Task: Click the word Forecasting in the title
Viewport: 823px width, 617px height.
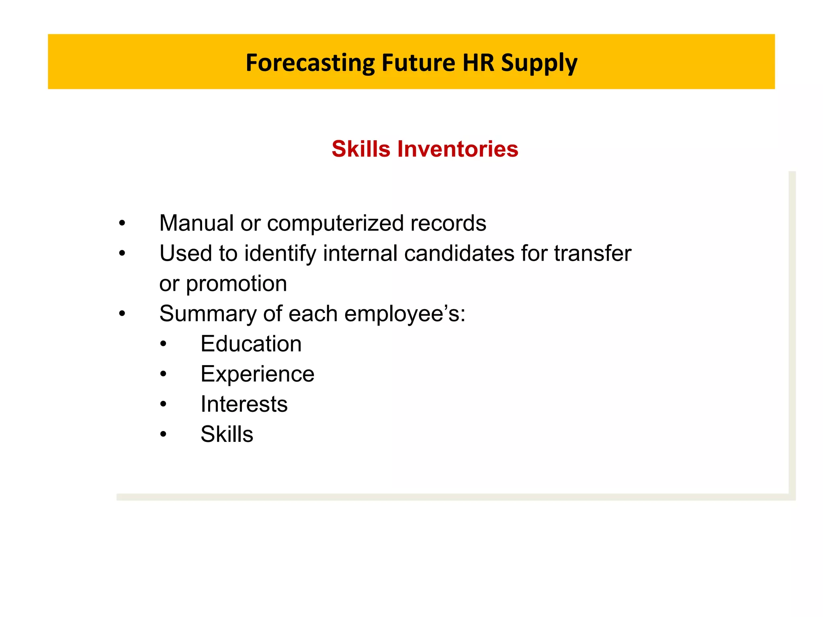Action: coord(310,63)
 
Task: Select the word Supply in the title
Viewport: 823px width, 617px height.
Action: coord(539,63)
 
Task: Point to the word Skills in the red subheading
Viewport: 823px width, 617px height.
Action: coord(360,149)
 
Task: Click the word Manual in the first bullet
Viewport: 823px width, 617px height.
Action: coord(196,223)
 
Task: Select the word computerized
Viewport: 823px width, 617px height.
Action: coord(335,224)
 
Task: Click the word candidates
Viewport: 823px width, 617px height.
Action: coord(459,253)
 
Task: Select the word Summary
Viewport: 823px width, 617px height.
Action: coord(207,314)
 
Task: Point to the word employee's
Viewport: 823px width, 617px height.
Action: coord(404,314)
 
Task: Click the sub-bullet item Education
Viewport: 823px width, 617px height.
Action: coord(251,344)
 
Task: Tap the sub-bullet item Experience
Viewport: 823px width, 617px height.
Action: coord(257,374)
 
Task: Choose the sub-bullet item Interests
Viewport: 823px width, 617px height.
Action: coord(244,404)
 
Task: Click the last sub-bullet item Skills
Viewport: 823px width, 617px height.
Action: coord(227,434)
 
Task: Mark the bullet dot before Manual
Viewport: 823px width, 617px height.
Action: coord(122,223)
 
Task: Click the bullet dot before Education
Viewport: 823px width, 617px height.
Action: coord(163,344)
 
